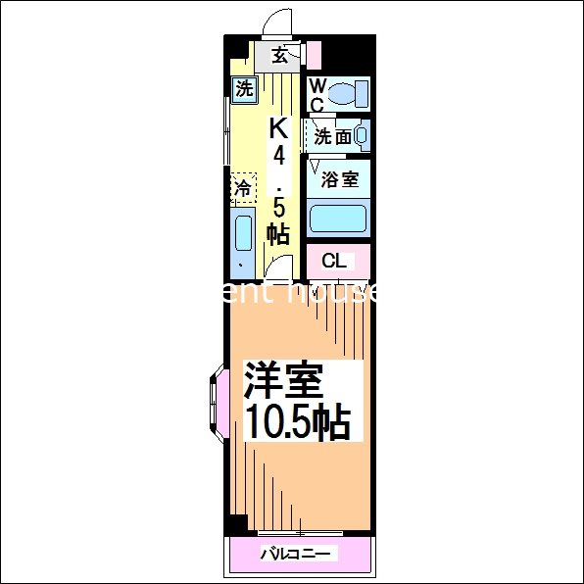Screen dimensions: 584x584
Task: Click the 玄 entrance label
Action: click(x=279, y=55)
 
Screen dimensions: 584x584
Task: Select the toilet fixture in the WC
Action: click(x=346, y=94)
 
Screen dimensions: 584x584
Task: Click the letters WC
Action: click(x=317, y=95)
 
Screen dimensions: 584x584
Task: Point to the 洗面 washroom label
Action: click(x=332, y=137)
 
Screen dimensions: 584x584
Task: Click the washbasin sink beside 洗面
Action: click(x=362, y=136)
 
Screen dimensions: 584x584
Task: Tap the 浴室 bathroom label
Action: click(x=340, y=180)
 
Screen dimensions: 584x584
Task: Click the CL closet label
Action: click(x=334, y=261)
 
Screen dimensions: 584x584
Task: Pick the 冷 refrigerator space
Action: click(x=242, y=186)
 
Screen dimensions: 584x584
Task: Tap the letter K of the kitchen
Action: click(x=279, y=127)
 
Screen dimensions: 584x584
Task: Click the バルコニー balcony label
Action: click(x=298, y=555)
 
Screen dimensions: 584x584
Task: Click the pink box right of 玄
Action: click(x=314, y=55)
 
